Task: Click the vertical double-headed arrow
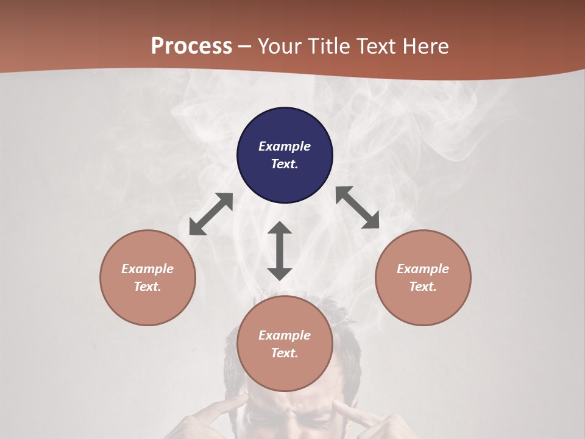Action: pos(280,251)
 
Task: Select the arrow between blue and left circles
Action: pos(211,214)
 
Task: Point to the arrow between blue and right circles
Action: pos(358,207)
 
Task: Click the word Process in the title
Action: pos(191,46)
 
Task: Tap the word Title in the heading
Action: pos(329,46)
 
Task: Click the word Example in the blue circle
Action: pos(285,146)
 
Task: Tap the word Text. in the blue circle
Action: pos(285,164)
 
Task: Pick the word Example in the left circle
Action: pos(147,269)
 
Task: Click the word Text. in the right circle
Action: pos(423,287)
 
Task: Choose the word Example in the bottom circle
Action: pos(285,335)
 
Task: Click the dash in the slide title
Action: pos(245,46)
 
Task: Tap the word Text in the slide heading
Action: pos(377,46)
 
